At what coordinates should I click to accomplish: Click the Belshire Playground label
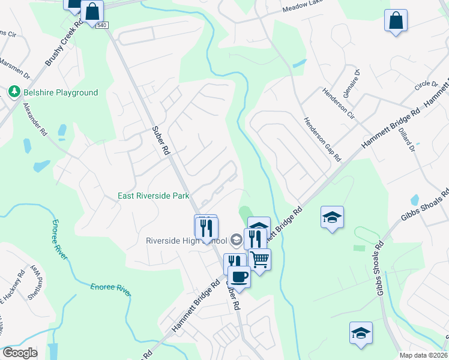60,92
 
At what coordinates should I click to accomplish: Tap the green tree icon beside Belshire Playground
13,92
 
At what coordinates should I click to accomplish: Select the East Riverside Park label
154,196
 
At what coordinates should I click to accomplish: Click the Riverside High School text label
187,241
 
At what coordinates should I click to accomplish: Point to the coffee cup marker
239,277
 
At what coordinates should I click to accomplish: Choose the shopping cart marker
259,260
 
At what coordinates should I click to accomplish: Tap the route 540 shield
101,25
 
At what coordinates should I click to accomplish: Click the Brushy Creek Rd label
64,44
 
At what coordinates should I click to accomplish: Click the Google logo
20,353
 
